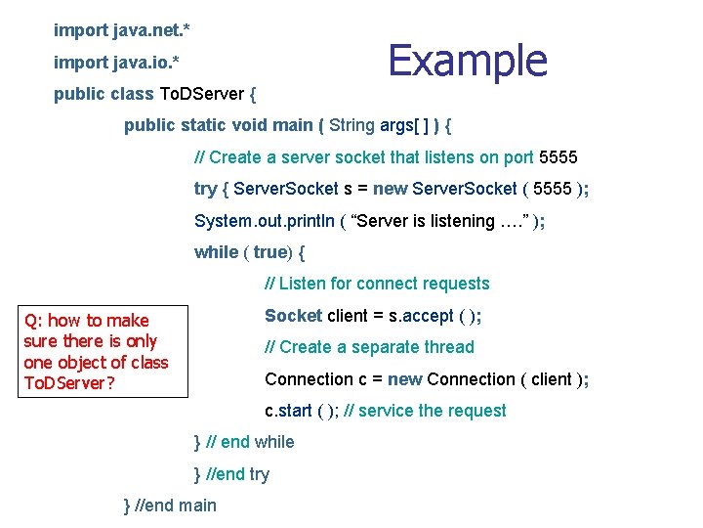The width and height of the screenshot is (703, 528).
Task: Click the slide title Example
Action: (468, 61)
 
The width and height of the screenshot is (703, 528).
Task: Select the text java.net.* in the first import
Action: (150, 30)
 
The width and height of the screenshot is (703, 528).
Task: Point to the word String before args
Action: (352, 125)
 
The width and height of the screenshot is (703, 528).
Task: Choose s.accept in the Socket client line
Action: (421, 316)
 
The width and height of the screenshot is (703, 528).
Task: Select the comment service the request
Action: (433, 411)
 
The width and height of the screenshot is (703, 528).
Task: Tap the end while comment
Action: (251, 442)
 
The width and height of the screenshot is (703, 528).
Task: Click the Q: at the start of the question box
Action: (33, 321)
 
